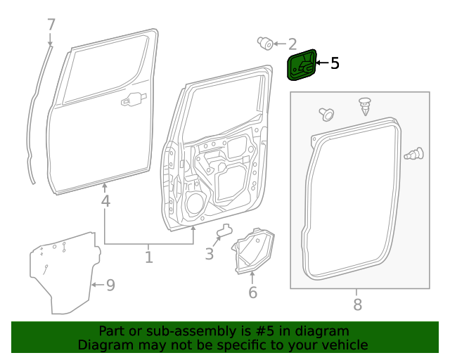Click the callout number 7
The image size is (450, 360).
click(51, 25)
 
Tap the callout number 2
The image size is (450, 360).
click(292, 44)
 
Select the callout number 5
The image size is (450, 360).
click(335, 63)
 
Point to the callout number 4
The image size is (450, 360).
click(105, 201)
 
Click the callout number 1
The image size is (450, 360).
click(148, 257)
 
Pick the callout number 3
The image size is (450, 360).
click(209, 254)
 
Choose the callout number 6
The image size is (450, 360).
click(252, 292)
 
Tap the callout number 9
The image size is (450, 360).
click(110, 285)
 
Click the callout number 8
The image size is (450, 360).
click(357, 304)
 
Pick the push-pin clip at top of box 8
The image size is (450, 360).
click(364, 106)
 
